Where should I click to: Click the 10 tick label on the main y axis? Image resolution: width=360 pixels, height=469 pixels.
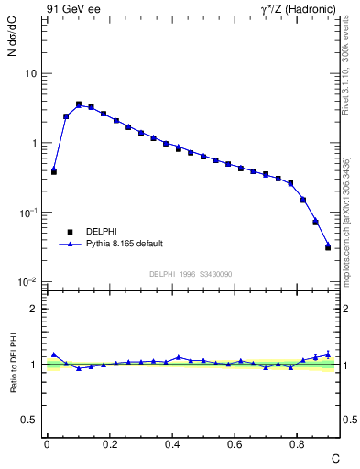tap(30, 73)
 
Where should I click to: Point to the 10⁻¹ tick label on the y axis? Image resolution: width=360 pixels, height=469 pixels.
tap(27, 212)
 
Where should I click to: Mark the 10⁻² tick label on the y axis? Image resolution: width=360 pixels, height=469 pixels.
tap(27, 281)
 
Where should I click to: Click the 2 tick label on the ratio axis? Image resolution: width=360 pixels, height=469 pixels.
tap(34, 309)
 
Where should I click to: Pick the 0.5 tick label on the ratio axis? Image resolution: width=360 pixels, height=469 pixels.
tap(30, 420)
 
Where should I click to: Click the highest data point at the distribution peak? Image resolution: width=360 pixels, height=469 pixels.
tap(79, 104)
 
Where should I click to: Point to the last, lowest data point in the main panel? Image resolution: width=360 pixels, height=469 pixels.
tap(328, 247)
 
